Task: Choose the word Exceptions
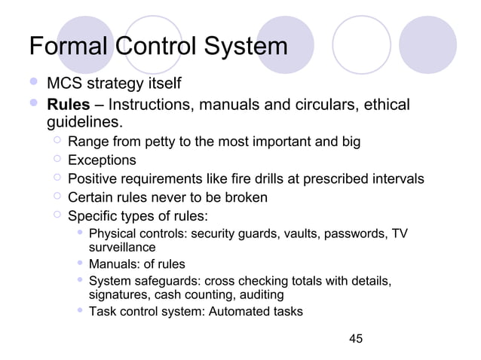tap(102, 160)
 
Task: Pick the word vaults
tap(302, 233)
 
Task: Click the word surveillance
tap(122, 246)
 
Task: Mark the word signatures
tap(121, 294)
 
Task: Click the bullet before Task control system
tap(80, 311)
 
